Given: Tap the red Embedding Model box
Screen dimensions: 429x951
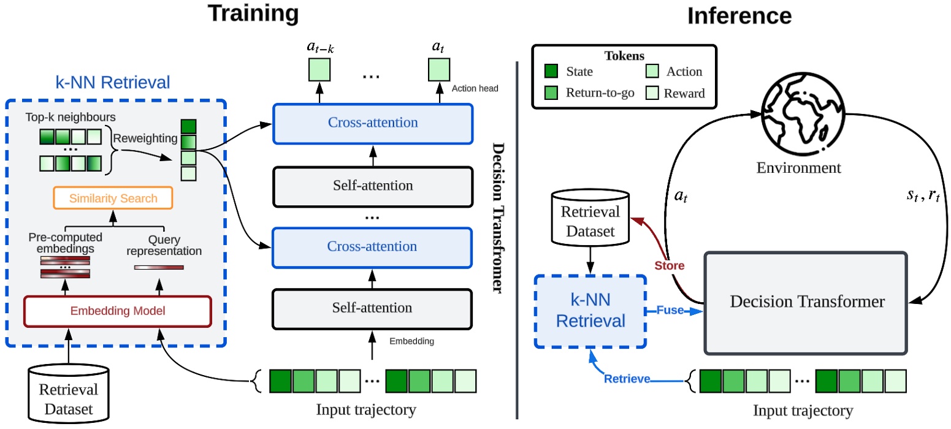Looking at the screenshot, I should [x=117, y=311].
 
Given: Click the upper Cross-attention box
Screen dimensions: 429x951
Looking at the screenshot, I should [x=372, y=122].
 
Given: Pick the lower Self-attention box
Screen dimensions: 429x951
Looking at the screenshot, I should [x=372, y=307].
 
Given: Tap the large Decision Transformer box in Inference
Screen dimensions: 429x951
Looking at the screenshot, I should [x=806, y=302].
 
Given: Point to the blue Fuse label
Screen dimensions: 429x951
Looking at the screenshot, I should [x=671, y=311].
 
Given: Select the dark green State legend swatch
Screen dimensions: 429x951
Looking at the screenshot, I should [x=552, y=72].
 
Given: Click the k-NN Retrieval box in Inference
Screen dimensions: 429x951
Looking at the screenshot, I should [x=590, y=311].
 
